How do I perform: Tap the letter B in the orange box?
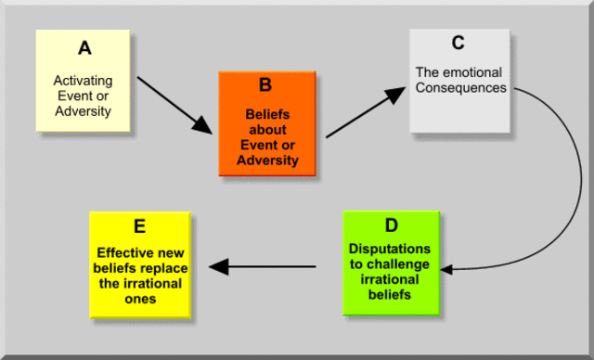(x=265, y=85)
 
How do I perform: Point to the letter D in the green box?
(x=390, y=226)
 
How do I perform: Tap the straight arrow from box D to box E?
(x=264, y=267)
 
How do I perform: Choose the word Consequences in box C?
(x=461, y=88)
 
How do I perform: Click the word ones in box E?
(x=139, y=300)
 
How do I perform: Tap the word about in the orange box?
(x=266, y=131)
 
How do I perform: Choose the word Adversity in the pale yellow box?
(x=83, y=112)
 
